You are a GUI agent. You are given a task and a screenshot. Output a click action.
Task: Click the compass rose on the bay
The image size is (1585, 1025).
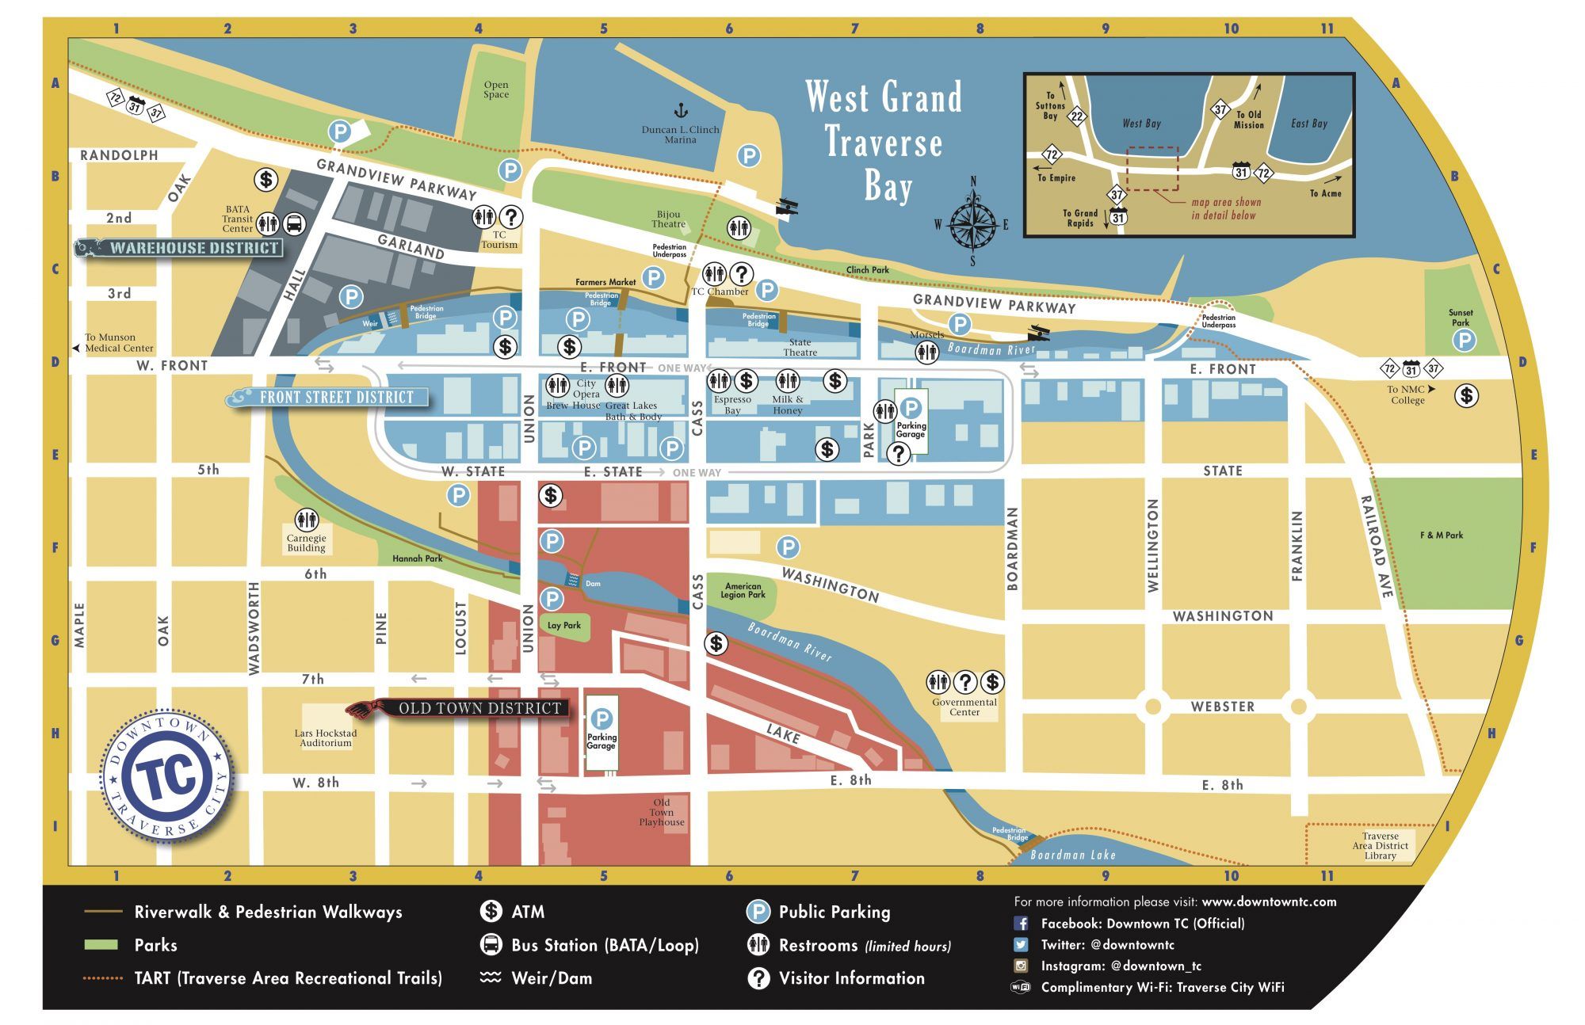pyautogui.click(x=972, y=223)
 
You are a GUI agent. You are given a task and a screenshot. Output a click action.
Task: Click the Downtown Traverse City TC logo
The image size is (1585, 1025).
pyautogui.click(x=167, y=775)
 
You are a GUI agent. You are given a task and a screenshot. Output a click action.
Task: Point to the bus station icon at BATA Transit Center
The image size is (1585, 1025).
pyautogui.click(x=294, y=223)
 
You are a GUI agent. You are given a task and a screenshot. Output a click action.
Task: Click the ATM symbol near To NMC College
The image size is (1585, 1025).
pyautogui.click(x=1466, y=394)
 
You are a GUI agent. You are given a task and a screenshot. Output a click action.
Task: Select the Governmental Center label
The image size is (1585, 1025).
pyautogui.click(x=964, y=707)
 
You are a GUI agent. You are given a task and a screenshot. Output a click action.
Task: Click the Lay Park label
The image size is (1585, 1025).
pyautogui.click(x=564, y=626)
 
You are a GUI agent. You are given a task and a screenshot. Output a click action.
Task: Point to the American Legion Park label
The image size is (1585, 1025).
pyautogui.click(x=743, y=591)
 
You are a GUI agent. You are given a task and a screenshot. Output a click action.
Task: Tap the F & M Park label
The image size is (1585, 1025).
pyautogui.click(x=1442, y=535)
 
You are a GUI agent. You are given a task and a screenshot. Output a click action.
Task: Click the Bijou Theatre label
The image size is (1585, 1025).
pyautogui.click(x=668, y=219)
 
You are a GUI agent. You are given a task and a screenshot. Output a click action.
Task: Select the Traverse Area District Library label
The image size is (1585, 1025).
pyautogui.click(x=1380, y=846)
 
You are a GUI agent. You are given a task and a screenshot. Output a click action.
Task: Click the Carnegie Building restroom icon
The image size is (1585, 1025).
pyautogui.click(x=307, y=520)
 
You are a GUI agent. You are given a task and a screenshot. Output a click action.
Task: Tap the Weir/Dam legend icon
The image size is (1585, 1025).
pyautogui.click(x=491, y=977)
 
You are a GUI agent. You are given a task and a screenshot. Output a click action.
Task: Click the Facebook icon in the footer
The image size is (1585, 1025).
pyautogui.click(x=1021, y=924)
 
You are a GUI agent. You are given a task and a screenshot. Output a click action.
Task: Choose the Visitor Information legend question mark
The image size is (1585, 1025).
pyautogui.click(x=758, y=978)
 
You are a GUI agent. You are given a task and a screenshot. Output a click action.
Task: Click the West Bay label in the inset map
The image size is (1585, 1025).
pyautogui.click(x=1141, y=124)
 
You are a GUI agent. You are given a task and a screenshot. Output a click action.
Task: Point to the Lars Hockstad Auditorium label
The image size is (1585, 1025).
pyautogui.click(x=326, y=738)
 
